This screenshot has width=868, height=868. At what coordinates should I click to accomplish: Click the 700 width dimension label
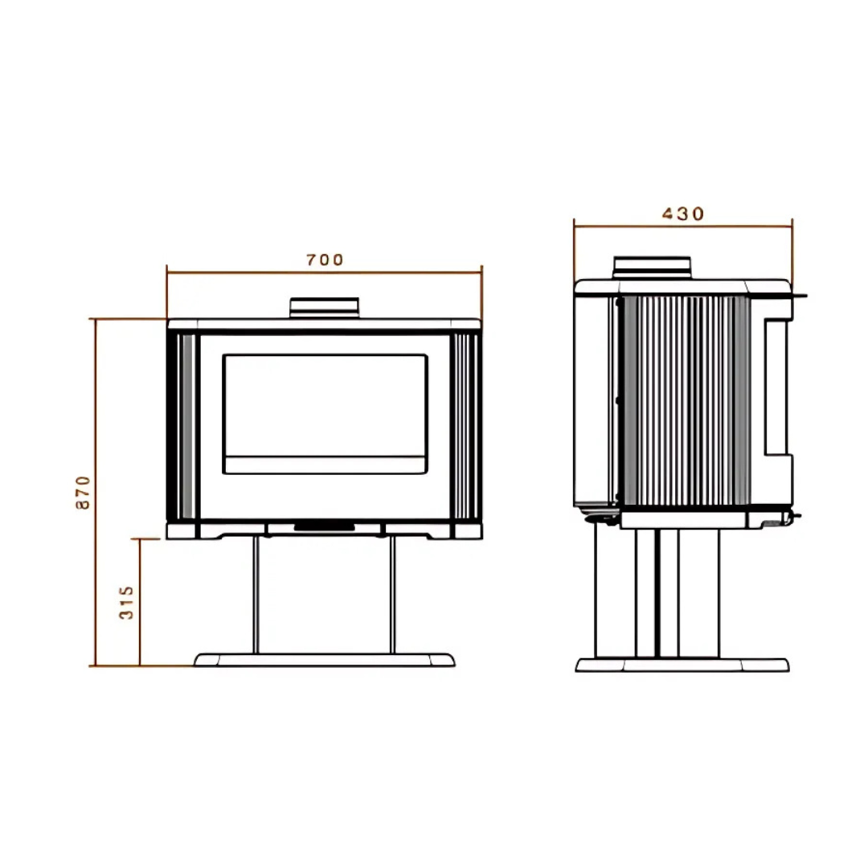pyautogui.click(x=325, y=260)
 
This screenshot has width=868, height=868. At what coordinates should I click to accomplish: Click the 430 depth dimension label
pyautogui.click(x=682, y=214)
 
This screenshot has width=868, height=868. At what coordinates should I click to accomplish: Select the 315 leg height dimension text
pyautogui.click(x=127, y=602)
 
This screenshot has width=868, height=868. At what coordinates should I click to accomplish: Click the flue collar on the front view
pyautogui.click(x=324, y=307)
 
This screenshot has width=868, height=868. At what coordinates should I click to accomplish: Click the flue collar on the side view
pyautogui.click(x=652, y=268)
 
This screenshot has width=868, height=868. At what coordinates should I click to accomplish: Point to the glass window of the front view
pyautogui.click(x=325, y=404)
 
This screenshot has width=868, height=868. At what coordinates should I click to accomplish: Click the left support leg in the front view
pyautogui.click(x=256, y=595)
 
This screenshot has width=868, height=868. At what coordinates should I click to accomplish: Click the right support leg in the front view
pyautogui.click(x=392, y=595)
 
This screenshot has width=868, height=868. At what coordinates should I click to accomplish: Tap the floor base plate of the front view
pyautogui.click(x=324, y=660)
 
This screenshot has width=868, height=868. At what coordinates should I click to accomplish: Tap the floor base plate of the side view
pyautogui.click(x=682, y=665)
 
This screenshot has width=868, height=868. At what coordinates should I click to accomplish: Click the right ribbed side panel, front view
pyautogui.click(x=466, y=426)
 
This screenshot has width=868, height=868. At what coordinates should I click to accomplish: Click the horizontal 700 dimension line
pyautogui.click(x=241, y=272)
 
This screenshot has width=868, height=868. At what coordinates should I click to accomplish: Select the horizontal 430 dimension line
pyautogui.click(x=627, y=227)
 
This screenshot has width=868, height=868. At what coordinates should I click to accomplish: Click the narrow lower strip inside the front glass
pyautogui.click(x=325, y=465)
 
